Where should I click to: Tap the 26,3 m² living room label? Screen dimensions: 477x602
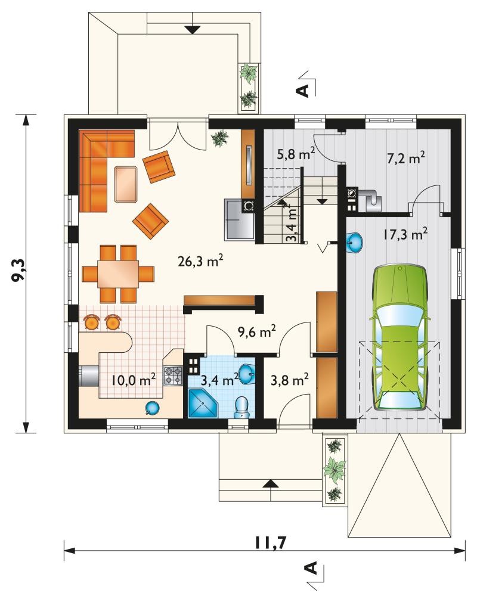point(200,261)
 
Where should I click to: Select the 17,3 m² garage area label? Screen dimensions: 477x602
point(405,234)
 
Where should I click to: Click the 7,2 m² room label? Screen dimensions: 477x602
point(405,158)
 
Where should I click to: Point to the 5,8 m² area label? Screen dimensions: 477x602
point(296,154)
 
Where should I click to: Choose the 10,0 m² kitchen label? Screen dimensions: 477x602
point(134,380)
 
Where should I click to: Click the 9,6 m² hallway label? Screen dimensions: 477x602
point(257,332)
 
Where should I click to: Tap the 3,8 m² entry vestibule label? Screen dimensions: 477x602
point(290,380)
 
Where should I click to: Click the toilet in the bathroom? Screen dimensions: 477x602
point(241,407)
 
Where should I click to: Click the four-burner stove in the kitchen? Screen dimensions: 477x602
point(173,376)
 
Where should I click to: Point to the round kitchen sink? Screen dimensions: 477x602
point(151,408)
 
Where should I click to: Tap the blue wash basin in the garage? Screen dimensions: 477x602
point(355,243)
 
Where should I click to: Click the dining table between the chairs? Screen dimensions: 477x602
point(118,274)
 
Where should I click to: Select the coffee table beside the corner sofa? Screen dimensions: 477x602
point(126,184)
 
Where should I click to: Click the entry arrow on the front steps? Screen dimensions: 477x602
point(271,484)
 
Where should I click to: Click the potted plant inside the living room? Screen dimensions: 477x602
point(220,138)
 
